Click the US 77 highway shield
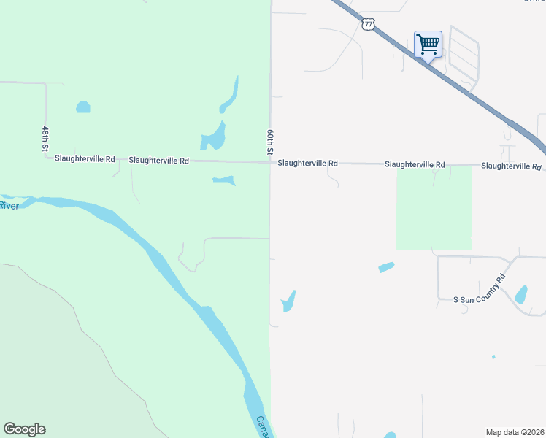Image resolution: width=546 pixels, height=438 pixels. pos(368,24)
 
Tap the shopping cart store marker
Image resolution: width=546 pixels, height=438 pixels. pos(428,44)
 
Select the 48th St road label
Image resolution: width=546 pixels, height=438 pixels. pos(45,139)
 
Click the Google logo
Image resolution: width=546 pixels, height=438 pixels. pos(24,429)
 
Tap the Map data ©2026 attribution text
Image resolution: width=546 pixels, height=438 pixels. pos(515,431)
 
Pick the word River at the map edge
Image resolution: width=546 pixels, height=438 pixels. pos(9,206)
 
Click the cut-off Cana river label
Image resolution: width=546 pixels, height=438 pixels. pos(262,426)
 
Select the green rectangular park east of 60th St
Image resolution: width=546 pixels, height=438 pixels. pos(434,207)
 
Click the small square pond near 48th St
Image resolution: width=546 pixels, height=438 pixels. pos(83,107)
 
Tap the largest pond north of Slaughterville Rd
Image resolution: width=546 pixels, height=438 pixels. pos(214,136)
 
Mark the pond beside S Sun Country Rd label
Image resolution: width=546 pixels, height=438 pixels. pos(521,294)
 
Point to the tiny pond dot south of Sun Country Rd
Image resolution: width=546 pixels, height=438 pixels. pos(493,357)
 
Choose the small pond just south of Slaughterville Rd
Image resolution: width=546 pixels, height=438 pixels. pos(224,180)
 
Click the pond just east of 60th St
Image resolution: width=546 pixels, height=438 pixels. pos(289,301)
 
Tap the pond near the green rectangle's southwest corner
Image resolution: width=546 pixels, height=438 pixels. pos(387,267)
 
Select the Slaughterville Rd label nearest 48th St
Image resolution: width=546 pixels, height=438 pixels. pos(85,158)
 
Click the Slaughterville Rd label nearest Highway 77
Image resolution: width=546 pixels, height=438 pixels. pos(511,166)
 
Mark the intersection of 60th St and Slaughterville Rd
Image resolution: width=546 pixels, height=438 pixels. pos(271,162)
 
